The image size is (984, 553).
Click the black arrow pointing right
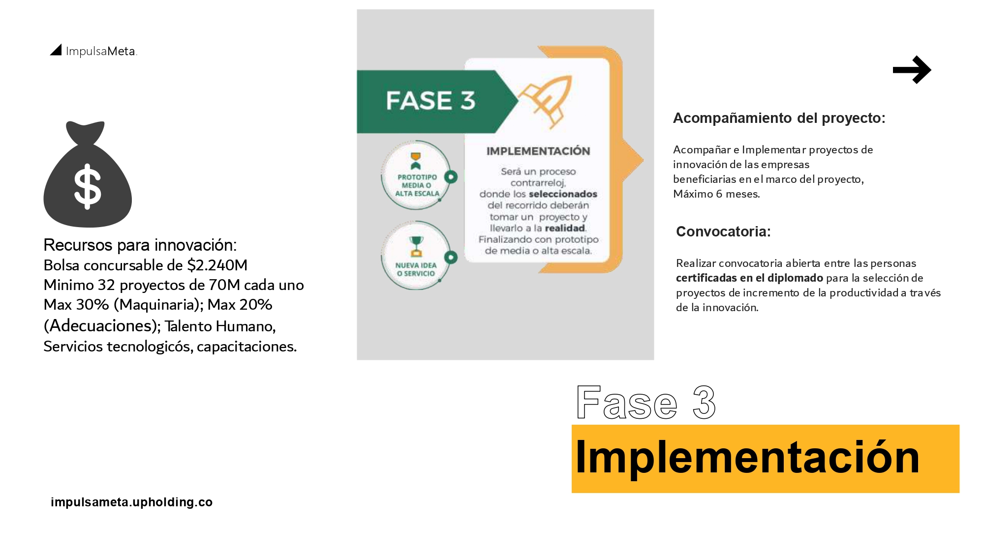912,70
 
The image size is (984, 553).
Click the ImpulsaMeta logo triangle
56,50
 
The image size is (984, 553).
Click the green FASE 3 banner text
430,101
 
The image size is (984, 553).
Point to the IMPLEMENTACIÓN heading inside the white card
538,151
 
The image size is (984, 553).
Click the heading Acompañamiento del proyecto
779,118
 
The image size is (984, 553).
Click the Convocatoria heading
723,232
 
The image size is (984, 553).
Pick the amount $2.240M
217,265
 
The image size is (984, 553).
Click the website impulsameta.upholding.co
131,502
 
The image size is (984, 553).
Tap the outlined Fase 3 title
646,402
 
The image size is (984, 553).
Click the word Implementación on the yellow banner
747,457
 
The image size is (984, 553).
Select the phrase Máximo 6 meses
716,194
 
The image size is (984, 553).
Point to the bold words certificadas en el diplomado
749,278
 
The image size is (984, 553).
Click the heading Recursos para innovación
140,245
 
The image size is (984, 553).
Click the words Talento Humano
220,326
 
